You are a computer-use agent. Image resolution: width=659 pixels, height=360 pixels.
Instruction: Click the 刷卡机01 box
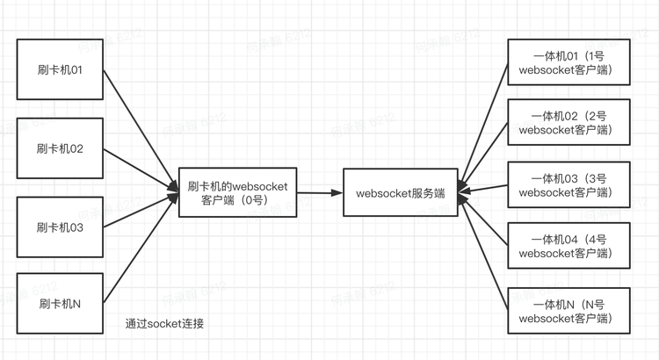[60, 69]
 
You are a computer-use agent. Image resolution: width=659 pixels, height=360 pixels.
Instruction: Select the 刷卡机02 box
[60, 148]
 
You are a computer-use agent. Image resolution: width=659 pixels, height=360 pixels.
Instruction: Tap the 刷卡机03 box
[60, 227]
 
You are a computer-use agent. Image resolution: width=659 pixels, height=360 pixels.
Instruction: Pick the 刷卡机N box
[60, 304]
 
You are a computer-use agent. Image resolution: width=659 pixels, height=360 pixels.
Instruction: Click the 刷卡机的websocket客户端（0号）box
[238, 193]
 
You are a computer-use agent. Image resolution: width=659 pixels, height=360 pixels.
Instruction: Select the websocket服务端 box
[400, 192]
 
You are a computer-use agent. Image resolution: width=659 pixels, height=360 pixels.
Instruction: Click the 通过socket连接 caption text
[165, 324]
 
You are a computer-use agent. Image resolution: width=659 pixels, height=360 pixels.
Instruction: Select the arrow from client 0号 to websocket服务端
[322, 192]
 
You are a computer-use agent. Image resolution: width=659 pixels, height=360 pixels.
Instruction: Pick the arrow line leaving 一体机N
[486, 256]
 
